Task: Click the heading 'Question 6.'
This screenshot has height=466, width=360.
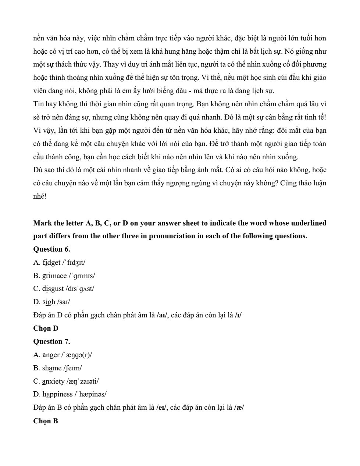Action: (x=51, y=249)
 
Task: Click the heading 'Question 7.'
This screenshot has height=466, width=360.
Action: (x=51, y=341)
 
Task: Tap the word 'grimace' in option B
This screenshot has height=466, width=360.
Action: (x=55, y=275)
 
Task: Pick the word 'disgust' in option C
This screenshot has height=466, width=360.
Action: (x=53, y=289)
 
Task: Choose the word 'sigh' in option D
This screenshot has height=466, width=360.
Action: (x=49, y=302)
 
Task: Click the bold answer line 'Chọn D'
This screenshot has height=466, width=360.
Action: (x=46, y=328)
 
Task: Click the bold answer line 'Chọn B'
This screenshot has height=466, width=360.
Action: (x=46, y=421)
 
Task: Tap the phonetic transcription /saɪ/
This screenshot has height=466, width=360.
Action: (x=64, y=302)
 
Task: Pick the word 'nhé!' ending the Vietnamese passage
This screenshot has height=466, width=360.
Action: (x=40, y=196)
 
